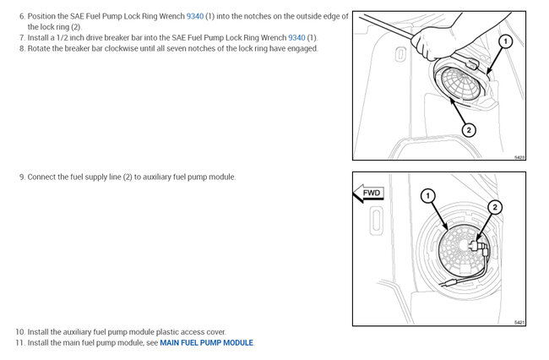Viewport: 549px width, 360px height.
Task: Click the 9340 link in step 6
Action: (x=194, y=16)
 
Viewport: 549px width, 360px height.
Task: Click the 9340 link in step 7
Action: (x=296, y=37)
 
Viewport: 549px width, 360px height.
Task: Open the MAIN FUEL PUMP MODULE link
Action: (x=206, y=342)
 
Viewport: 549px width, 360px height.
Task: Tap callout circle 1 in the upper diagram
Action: (x=505, y=41)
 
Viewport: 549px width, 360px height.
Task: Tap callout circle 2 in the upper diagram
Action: (x=469, y=130)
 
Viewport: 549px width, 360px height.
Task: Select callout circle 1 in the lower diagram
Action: (x=427, y=196)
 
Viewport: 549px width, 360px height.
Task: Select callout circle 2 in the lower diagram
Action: (x=495, y=207)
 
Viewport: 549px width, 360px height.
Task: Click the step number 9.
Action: (x=22, y=177)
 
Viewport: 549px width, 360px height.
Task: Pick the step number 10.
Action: (x=20, y=331)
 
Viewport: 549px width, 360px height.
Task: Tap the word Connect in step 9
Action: (x=40, y=177)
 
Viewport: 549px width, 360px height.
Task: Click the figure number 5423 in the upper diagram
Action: (x=519, y=157)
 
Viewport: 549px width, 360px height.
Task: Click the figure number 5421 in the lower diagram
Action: (x=519, y=322)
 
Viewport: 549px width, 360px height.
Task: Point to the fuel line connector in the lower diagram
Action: (x=478, y=247)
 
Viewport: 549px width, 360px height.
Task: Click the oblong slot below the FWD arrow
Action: (x=376, y=221)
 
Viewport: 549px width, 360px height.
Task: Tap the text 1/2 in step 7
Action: (x=63, y=37)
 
